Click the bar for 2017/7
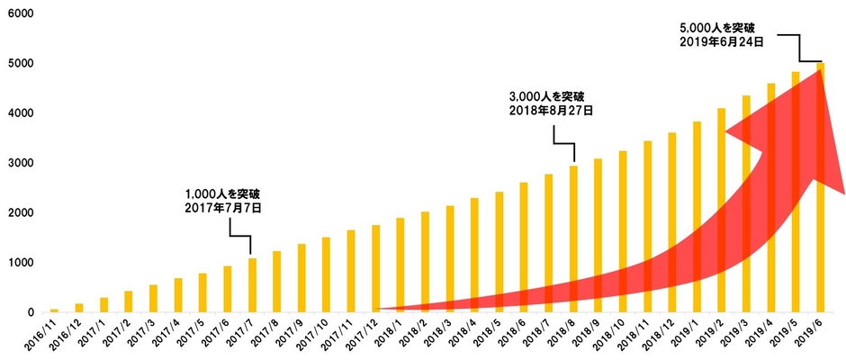click(252, 285)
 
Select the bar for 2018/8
click(573, 239)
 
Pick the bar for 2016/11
click(54, 310)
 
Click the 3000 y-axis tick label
click(18, 164)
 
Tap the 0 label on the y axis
click(30, 313)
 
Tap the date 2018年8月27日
click(552, 111)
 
